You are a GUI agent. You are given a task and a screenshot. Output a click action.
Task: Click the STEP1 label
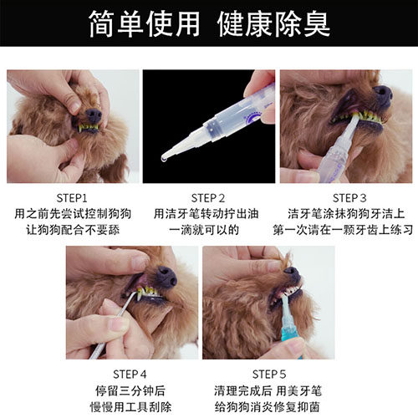[x=72, y=198]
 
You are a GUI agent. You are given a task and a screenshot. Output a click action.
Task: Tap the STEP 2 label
[x=208, y=198]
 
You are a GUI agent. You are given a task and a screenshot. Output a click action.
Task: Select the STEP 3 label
[x=349, y=198]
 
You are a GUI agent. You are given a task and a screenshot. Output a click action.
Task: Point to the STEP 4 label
[x=130, y=375]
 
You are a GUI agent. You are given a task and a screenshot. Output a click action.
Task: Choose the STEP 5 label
[x=269, y=375]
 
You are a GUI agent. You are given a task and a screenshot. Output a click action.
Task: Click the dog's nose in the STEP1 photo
[x=94, y=115]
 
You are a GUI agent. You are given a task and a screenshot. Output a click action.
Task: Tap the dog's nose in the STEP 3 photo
[x=383, y=94]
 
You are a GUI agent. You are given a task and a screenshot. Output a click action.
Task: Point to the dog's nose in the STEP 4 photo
[x=166, y=275]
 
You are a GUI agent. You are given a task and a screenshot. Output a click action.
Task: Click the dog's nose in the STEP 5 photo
[x=292, y=273]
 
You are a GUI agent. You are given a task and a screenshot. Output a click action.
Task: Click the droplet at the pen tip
[x=164, y=160]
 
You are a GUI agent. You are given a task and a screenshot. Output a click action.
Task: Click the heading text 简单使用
[x=145, y=24]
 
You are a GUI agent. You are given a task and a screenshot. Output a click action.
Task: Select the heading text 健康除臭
[x=273, y=24]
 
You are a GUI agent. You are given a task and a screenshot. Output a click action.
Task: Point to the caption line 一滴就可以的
[x=204, y=230]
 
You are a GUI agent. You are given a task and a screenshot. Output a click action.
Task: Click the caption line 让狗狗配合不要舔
[x=73, y=230]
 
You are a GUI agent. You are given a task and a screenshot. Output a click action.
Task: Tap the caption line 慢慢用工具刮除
[x=130, y=407]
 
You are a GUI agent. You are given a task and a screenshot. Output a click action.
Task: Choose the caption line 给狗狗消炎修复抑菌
[x=267, y=407]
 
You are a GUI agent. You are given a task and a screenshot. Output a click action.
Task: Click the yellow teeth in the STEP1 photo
[x=89, y=127]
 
